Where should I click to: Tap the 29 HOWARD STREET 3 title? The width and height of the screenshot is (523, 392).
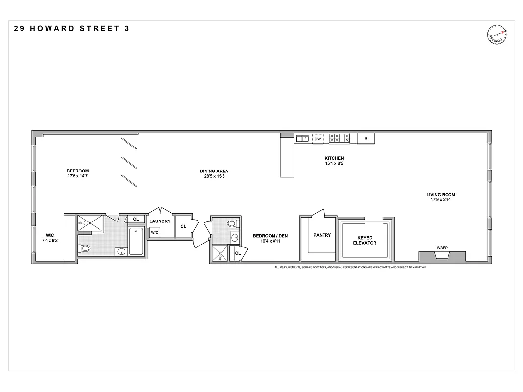click(72, 28)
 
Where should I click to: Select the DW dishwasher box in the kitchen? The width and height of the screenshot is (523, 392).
click(318, 139)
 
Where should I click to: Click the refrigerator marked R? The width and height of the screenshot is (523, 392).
click(366, 139)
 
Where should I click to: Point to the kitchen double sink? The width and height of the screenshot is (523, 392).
click(302, 139)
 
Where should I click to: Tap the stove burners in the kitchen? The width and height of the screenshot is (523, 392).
click(339, 138)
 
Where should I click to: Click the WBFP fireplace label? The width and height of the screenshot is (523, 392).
click(442, 248)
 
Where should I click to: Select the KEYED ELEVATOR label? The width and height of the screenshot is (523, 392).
click(365, 240)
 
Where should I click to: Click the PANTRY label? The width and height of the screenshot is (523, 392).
click(322, 235)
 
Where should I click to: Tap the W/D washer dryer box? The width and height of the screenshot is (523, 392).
click(155, 232)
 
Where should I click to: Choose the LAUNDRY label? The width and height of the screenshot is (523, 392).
click(160, 221)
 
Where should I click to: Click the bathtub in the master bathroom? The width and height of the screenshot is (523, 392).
click(136, 241)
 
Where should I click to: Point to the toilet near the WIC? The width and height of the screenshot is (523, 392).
click(86, 248)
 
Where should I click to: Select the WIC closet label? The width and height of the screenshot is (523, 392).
click(50, 235)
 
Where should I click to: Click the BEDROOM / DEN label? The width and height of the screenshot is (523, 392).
click(270, 236)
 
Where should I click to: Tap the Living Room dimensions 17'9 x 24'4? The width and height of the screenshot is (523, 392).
click(441, 199)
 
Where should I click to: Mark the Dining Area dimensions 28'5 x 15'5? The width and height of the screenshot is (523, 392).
click(214, 176)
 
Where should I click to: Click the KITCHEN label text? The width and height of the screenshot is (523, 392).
click(334, 158)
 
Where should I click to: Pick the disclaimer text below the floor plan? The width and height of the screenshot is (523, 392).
click(350, 267)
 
